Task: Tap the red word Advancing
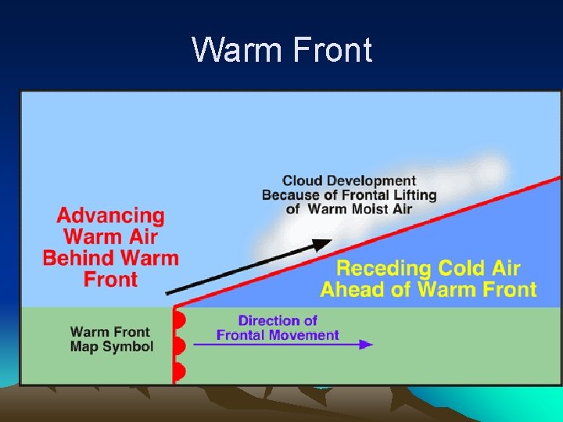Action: point(111,216)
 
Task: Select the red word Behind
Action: point(79,258)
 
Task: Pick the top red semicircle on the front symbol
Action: point(179,319)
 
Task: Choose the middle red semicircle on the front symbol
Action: point(179,345)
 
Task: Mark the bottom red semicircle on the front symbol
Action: point(179,372)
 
